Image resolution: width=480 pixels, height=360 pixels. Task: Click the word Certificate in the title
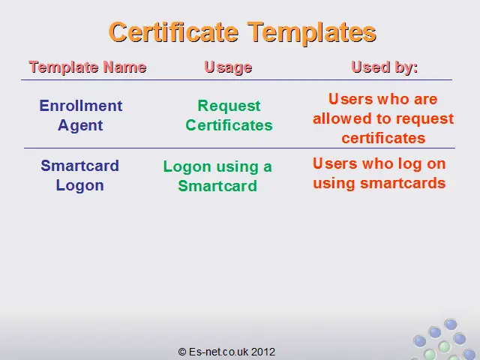click(x=173, y=32)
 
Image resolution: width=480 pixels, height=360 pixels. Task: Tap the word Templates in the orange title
click(x=312, y=34)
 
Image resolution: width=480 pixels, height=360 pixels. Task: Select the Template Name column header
click(x=88, y=67)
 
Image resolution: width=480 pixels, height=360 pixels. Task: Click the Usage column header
click(x=228, y=67)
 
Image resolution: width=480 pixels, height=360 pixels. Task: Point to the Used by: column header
click(x=385, y=67)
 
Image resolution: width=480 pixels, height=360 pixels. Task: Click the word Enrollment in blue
click(x=81, y=106)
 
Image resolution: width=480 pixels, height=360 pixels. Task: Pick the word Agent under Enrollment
click(x=80, y=126)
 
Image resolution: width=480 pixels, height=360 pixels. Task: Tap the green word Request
click(x=229, y=106)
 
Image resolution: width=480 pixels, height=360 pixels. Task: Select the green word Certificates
click(x=229, y=125)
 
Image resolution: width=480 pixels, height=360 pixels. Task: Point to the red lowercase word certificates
click(x=383, y=138)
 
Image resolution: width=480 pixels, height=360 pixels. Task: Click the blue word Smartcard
click(x=80, y=166)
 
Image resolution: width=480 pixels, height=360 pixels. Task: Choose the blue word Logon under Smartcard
click(x=80, y=186)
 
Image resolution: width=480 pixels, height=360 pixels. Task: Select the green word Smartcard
click(x=217, y=186)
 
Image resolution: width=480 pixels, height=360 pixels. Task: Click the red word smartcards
click(x=403, y=183)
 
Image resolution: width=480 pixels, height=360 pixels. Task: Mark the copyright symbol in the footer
click(x=182, y=352)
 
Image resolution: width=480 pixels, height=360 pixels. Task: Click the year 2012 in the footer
click(x=263, y=352)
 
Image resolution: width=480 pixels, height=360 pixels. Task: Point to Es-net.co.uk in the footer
click(x=218, y=352)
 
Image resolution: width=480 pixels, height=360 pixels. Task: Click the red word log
click(x=410, y=164)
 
